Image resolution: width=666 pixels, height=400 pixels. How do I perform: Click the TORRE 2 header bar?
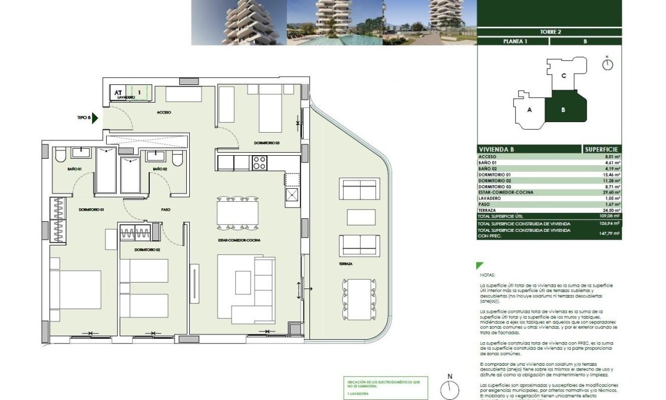click(x=549, y=32)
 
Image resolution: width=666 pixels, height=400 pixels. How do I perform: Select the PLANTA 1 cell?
click(x=515, y=42)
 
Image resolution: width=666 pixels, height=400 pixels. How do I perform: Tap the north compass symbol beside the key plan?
click(x=608, y=64)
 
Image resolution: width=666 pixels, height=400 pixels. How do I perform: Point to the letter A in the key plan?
click(x=529, y=110)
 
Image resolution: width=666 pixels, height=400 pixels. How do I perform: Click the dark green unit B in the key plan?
click(x=564, y=109)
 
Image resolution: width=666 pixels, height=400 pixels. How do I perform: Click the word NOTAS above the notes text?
click(x=487, y=274)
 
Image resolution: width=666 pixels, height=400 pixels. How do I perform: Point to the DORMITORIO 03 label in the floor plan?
click(x=266, y=143)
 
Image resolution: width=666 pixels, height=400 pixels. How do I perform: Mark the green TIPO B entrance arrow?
click(x=94, y=118)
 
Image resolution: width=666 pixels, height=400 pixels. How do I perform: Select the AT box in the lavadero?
click(x=118, y=92)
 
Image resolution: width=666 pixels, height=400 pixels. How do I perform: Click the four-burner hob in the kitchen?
click(x=260, y=162)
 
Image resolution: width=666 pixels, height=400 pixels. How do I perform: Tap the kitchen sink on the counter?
click(x=292, y=194)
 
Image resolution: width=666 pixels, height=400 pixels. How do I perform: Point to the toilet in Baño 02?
click(x=177, y=159)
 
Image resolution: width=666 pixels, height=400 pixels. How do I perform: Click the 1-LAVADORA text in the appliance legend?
click(x=359, y=392)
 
